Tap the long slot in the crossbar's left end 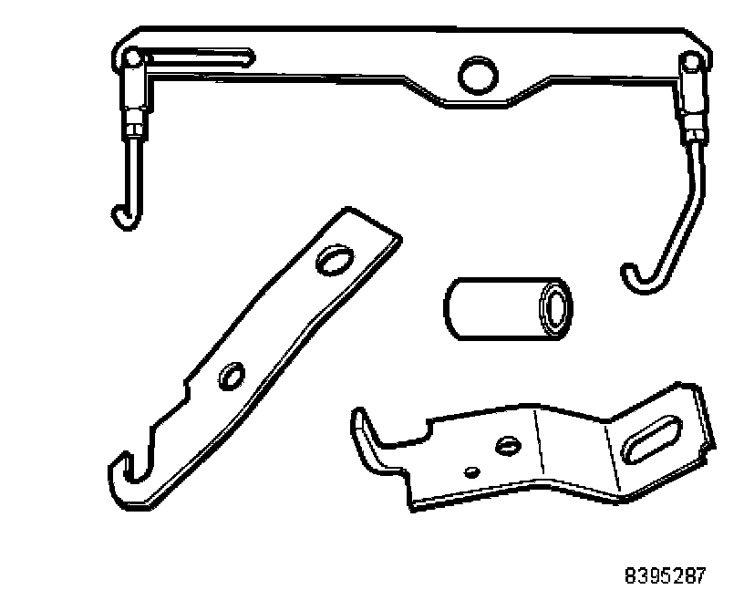coord(196,59)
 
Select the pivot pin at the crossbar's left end coord(134,59)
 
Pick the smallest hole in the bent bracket coord(471,471)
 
